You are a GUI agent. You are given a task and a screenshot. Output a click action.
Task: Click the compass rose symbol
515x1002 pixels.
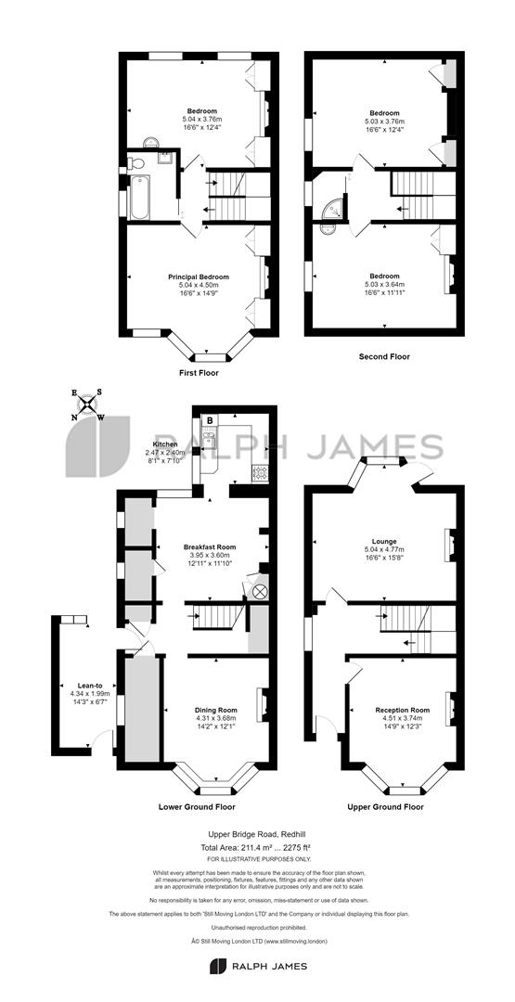point(88,404)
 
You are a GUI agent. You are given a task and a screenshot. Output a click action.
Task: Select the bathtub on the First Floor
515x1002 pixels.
point(137,196)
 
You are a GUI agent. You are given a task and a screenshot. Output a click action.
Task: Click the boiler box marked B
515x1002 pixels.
point(210,421)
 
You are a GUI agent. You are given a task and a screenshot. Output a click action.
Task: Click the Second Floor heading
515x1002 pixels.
point(384,356)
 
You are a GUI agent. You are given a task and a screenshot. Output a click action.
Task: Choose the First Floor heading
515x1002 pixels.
point(199,373)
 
